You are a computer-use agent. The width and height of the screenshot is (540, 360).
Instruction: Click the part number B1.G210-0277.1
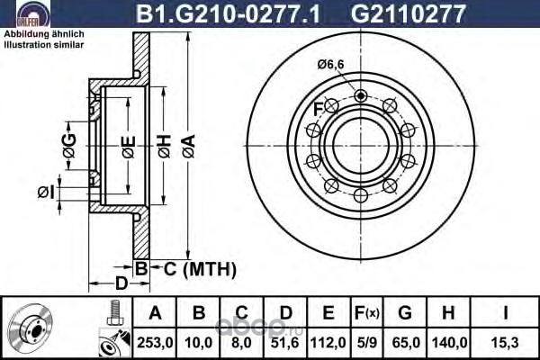229,13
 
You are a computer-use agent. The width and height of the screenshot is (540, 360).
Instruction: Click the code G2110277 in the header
408,13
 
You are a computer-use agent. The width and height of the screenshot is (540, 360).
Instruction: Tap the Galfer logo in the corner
33,13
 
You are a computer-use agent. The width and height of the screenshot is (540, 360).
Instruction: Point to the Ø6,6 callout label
330,64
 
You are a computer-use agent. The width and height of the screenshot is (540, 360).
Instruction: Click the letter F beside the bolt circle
318,109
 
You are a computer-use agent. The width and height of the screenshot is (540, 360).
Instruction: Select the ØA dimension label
189,147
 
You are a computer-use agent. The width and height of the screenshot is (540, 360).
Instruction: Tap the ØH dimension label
165,147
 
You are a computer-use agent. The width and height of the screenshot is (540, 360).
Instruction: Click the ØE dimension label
128,147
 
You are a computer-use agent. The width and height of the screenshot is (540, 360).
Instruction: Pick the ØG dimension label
69,146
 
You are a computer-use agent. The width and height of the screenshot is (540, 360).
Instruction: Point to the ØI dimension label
46,192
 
